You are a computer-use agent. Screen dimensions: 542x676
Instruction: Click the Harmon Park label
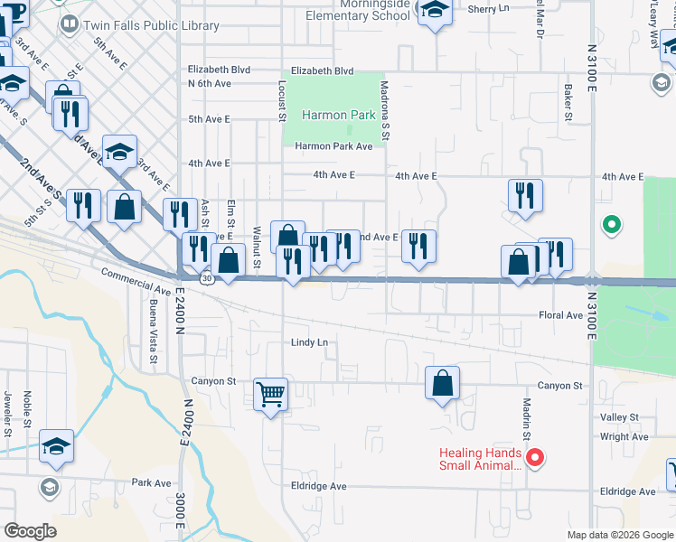(338, 116)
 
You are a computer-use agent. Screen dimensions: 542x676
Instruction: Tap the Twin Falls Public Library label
(151, 25)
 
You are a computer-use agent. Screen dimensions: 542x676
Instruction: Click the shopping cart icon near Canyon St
(271, 394)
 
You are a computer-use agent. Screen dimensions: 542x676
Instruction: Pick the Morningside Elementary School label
(357, 10)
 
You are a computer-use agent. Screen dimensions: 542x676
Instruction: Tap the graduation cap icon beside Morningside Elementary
(435, 12)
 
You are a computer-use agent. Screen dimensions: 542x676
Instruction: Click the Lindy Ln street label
(309, 343)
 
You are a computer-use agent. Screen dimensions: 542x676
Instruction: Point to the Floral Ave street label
(560, 315)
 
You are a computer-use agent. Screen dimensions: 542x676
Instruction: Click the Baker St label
(568, 102)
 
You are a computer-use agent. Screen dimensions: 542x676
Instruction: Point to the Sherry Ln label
(489, 9)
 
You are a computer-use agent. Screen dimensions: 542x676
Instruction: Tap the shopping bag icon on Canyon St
(442, 383)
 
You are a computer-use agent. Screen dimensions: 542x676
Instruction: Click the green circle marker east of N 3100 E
(612, 224)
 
